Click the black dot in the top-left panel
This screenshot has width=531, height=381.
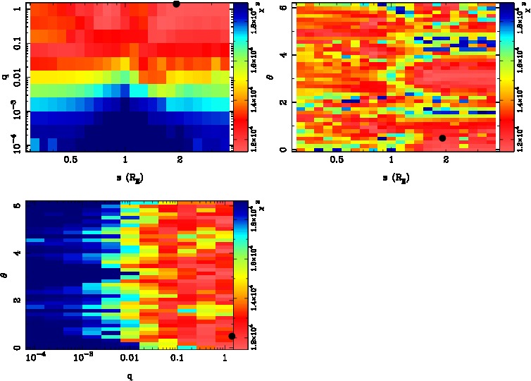point(176,4)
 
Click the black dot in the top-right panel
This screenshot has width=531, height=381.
point(442,138)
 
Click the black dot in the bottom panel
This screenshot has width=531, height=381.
point(232,336)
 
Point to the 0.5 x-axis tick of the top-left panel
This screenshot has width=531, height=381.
point(70,160)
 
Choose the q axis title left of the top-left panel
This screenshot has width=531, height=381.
point(5,78)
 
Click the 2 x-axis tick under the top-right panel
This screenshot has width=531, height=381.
point(446,160)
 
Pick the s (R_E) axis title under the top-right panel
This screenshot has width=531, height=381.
point(394,176)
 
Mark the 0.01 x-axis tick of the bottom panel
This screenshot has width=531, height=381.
point(129,359)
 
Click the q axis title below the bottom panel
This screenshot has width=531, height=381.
point(130,375)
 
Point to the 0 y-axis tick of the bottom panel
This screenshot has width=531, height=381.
point(15,349)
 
